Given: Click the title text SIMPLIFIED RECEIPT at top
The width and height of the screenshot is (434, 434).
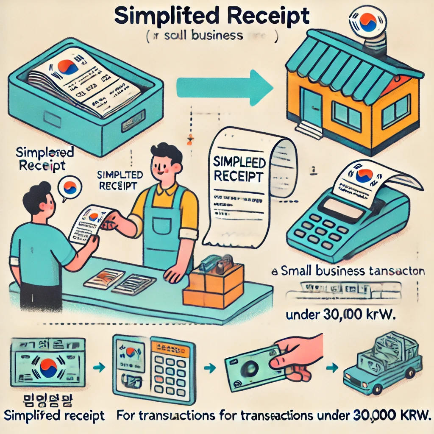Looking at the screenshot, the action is click(x=212, y=16).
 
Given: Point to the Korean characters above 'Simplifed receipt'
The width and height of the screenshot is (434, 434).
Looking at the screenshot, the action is click(x=47, y=399).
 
